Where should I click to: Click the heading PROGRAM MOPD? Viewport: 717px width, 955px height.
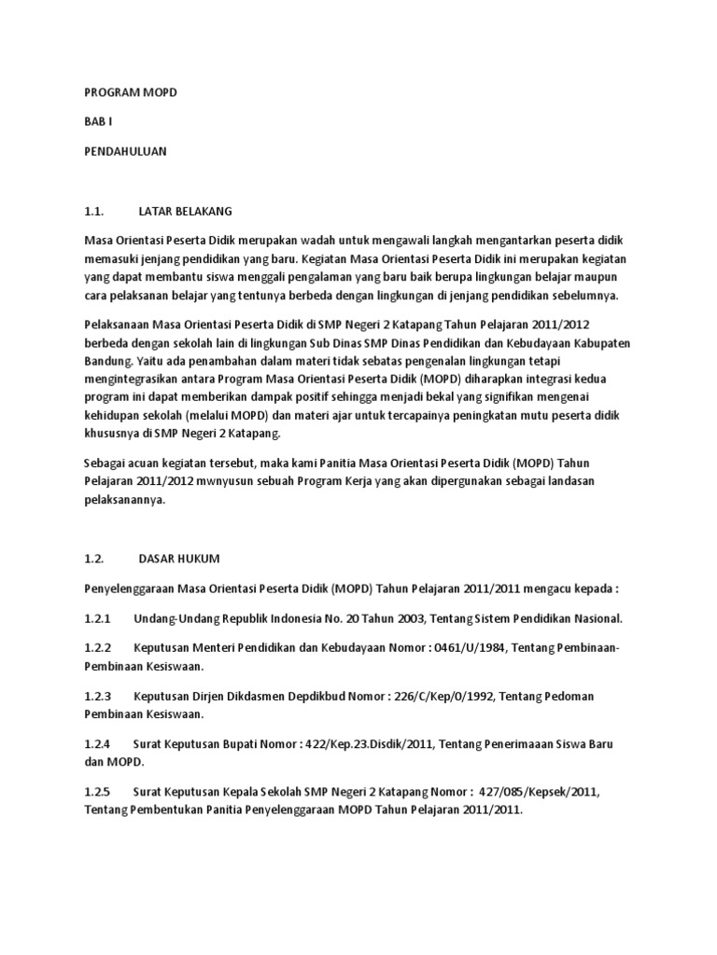pos(130,93)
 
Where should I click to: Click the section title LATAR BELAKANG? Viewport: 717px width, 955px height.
pos(184,211)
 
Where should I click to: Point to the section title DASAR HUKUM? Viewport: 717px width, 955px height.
pos(178,559)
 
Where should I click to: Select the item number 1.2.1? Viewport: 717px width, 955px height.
pos(97,618)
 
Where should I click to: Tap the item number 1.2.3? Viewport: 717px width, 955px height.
pos(97,697)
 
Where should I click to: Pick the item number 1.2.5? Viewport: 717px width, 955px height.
pos(97,793)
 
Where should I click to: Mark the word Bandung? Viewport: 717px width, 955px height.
pos(107,359)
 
